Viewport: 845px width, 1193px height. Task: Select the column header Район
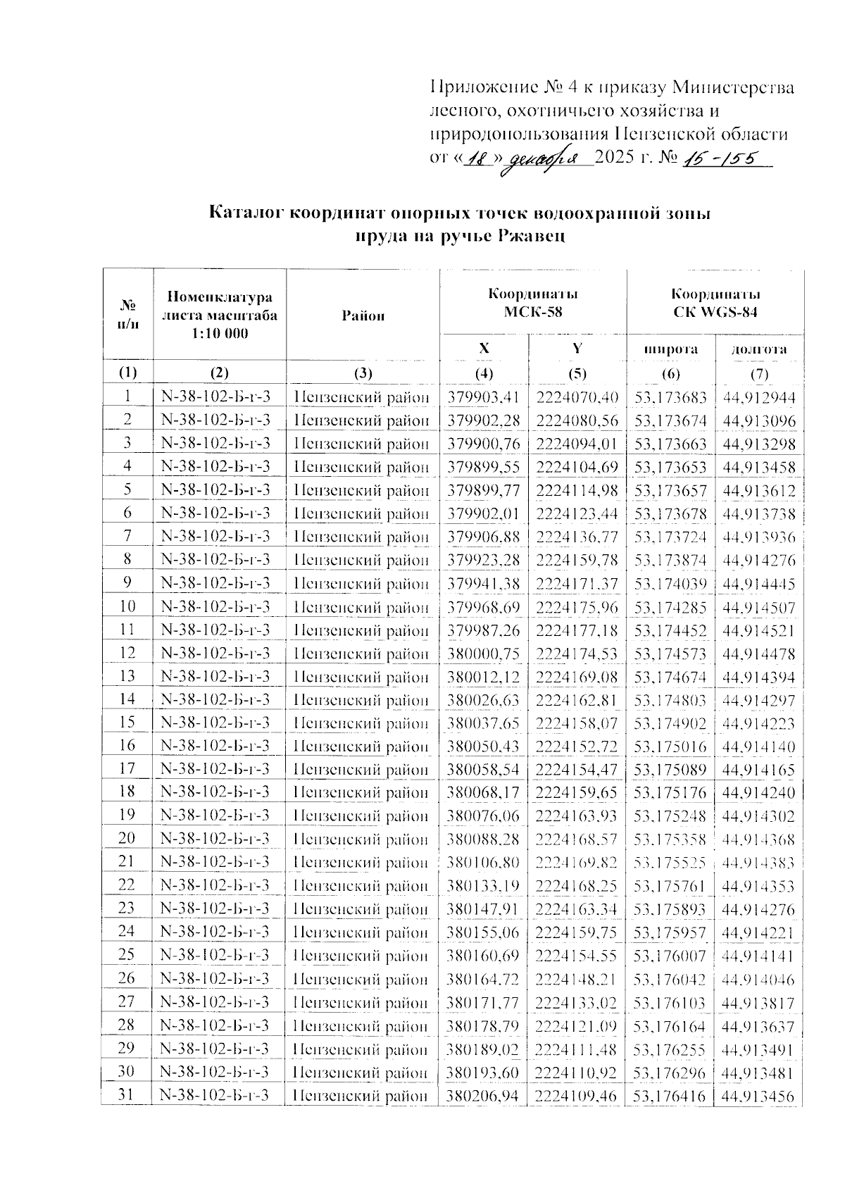tap(363, 316)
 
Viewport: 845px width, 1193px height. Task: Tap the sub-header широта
tap(671, 349)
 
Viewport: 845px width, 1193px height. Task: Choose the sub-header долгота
tap(758, 349)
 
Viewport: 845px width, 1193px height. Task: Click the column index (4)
tap(484, 373)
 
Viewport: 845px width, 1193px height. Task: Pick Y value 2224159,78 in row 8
tap(577, 561)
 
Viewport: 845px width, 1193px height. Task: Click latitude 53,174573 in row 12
tap(670, 654)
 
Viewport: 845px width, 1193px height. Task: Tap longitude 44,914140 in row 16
tap(758, 747)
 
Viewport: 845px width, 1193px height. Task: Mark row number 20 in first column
tap(127, 839)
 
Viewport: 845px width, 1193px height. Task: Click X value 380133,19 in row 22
tap(483, 886)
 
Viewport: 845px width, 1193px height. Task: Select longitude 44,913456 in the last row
tap(758, 1096)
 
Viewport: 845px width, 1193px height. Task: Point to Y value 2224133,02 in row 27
tap(577, 1002)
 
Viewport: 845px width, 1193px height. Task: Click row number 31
tap(127, 1095)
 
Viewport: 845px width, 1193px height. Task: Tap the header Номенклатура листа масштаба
tap(220, 315)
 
